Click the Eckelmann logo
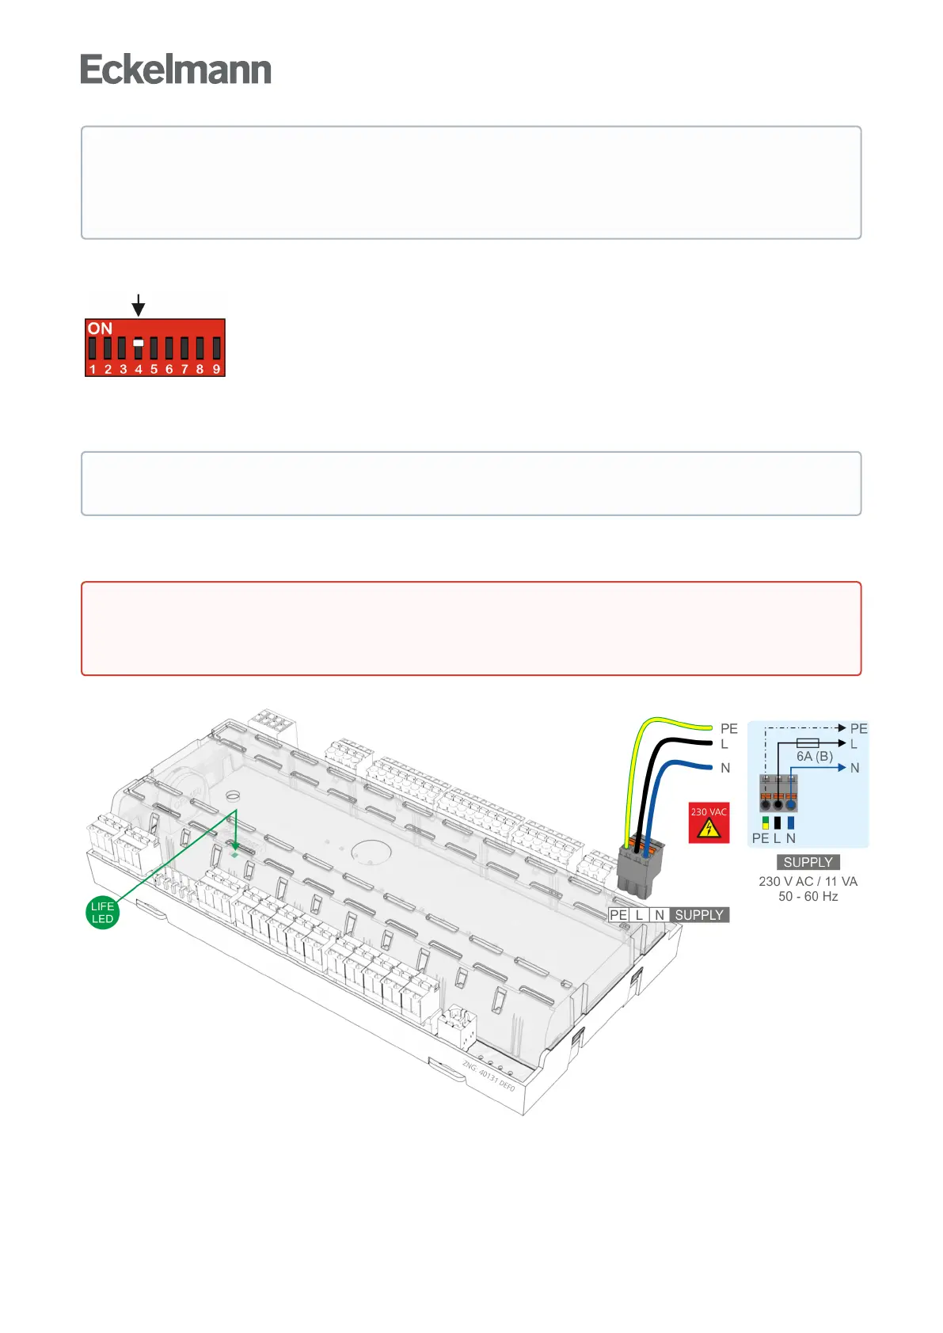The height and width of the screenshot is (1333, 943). tap(176, 70)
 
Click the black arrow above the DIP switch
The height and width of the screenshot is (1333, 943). tap(139, 305)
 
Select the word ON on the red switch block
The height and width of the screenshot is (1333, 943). tap(100, 329)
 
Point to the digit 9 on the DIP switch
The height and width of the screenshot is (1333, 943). tap(216, 369)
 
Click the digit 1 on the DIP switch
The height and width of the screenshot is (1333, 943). tap(93, 369)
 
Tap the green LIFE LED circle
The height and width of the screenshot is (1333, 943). tap(102, 913)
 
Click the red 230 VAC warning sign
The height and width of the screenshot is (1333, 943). tap(709, 822)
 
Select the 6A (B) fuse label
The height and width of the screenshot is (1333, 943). tap(815, 756)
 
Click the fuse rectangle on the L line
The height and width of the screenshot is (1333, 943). tap(807, 743)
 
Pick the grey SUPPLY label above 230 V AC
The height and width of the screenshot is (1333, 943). tap(808, 862)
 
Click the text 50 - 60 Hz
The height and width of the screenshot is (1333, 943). tap(808, 896)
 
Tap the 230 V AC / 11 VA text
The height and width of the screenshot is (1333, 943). tap(808, 881)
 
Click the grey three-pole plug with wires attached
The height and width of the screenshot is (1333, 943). tap(638, 869)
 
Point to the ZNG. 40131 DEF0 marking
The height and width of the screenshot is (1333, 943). tap(489, 1077)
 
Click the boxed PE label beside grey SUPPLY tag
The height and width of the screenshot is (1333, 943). tap(618, 915)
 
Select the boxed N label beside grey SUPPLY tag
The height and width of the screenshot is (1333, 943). tap(660, 915)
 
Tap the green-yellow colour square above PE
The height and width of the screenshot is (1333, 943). tap(766, 822)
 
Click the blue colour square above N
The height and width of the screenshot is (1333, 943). tap(791, 822)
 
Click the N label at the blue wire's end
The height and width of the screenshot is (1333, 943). tap(725, 768)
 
